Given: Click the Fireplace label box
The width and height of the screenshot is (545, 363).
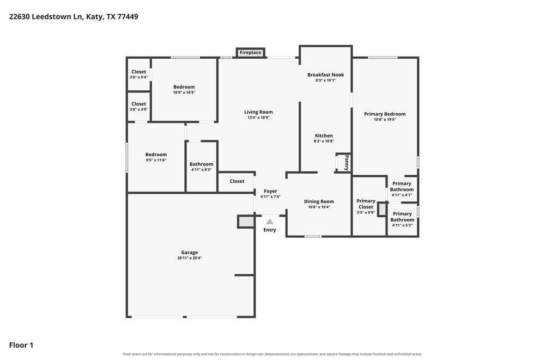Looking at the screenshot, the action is pyautogui.click(x=250, y=52).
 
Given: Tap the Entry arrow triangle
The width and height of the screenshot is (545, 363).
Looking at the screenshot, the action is pyautogui.click(x=270, y=222).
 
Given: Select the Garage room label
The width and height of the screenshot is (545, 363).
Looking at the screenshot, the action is pyautogui.click(x=190, y=253).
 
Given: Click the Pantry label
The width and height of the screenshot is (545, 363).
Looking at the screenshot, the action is pyautogui.click(x=347, y=162).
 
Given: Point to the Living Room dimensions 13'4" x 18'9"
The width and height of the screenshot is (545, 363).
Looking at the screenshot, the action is pyautogui.click(x=258, y=118).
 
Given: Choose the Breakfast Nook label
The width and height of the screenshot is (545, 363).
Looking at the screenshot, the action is pyautogui.click(x=326, y=75).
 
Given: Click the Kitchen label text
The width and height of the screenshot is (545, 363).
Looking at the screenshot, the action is pyautogui.click(x=324, y=136).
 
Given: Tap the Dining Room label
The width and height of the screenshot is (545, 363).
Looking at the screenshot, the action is pyautogui.click(x=319, y=201).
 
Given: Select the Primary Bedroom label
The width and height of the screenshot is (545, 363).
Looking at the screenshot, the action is pyautogui.click(x=385, y=114).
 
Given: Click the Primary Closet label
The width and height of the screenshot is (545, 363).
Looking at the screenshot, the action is pyautogui.click(x=366, y=204).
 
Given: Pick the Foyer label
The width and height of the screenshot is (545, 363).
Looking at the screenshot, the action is pyautogui.click(x=270, y=191).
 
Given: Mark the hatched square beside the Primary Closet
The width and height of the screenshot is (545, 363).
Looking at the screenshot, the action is pyautogui.click(x=383, y=210).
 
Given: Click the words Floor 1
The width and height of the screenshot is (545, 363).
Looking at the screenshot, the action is pyautogui.click(x=21, y=345).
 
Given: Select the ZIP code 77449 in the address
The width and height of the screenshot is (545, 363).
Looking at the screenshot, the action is pyautogui.click(x=128, y=16).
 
